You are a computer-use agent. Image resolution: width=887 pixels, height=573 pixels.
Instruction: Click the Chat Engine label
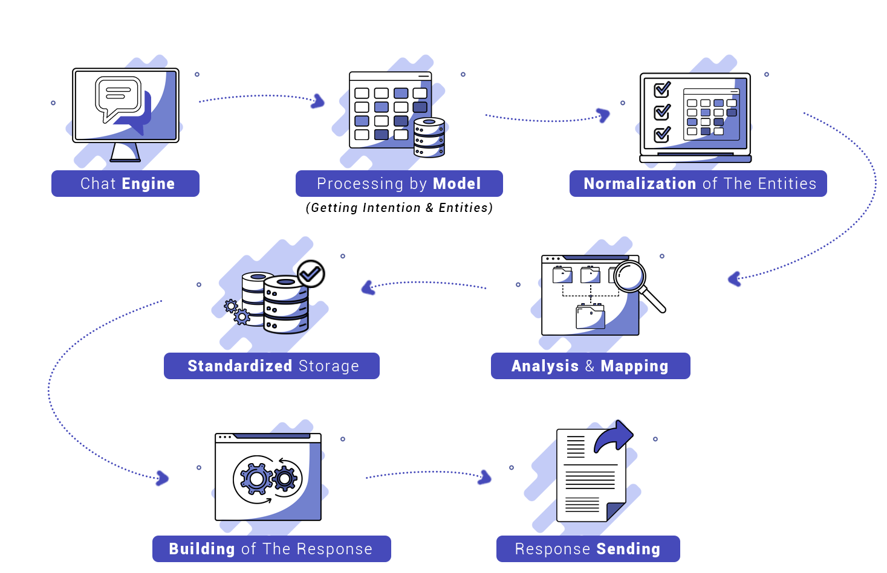click(x=125, y=184)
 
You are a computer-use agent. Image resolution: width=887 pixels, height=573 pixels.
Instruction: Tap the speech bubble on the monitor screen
click(x=119, y=97)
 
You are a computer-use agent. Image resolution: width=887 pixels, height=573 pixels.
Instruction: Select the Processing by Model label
click(x=399, y=184)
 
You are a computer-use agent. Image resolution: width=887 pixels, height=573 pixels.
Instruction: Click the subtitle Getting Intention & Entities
click(x=399, y=208)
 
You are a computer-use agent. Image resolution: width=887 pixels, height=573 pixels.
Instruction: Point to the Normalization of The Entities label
click(x=698, y=184)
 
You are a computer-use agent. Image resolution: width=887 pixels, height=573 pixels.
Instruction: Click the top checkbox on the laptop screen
click(x=662, y=90)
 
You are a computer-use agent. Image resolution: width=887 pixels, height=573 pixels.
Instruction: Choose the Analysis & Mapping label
click(x=590, y=366)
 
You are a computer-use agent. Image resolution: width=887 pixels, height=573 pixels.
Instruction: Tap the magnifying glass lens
click(x=630, y=276)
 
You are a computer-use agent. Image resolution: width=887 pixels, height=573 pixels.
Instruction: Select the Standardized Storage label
click(x=271, y=366)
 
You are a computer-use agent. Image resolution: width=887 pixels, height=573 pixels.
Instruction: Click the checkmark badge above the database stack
click(x=311, y=274)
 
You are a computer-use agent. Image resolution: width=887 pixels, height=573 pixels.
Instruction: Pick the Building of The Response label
click(x=271, y=549)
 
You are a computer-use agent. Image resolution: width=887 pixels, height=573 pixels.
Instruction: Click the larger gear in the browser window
click(x=256, y=479)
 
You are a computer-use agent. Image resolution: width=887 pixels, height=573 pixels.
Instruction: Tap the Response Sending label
click(x=588, y=549)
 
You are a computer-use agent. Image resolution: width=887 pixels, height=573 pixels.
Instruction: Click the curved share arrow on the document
click(x=613, y=437)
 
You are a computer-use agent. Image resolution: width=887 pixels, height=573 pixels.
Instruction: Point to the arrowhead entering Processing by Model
click(x=318, y=101)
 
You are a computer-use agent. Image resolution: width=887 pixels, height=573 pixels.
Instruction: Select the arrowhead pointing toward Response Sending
click(x=485, y=478)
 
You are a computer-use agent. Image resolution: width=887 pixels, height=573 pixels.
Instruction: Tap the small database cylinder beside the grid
click(x=429, y=138)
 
